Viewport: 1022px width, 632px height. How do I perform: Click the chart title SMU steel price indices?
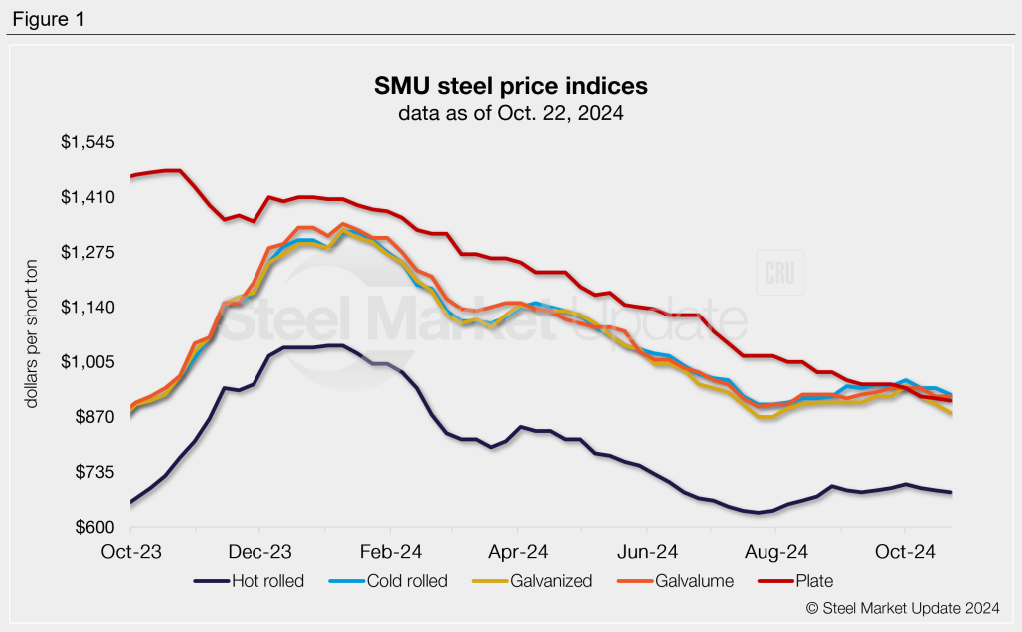[510, 86]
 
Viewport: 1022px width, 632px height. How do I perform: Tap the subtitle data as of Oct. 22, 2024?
[510, 113]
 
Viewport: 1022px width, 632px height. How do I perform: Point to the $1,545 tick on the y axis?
[88, 143]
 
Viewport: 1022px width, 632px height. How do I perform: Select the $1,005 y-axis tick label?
[88, 362]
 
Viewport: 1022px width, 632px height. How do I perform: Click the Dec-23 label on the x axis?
[258, 551]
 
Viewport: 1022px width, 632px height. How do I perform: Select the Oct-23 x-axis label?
[130, 551]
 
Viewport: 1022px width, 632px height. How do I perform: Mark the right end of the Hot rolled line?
[951, 493]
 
